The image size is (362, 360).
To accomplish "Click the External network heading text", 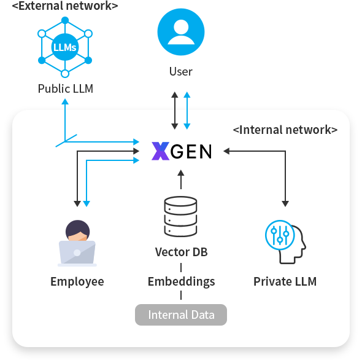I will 65,6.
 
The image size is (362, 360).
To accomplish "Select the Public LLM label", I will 66,88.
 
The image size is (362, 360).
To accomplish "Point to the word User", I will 181,71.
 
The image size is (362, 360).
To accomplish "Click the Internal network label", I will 285,130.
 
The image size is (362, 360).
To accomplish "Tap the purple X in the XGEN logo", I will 160,151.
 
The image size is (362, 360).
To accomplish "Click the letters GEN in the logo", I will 191,151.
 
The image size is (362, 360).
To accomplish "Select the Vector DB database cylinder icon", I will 180,216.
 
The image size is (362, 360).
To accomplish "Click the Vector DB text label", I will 180,252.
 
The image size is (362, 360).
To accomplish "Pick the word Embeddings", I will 181,281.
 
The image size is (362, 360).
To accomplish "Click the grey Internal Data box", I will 181,315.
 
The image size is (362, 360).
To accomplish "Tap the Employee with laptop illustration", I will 77,243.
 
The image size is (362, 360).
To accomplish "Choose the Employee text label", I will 77,281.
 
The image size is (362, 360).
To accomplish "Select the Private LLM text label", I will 285,281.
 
